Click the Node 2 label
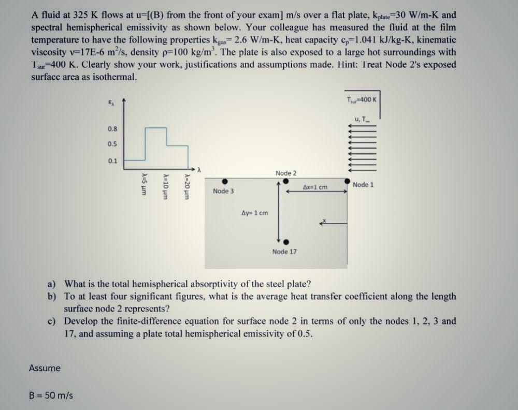coord(286,173)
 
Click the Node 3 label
coord(223,191)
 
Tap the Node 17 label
coord(284,252)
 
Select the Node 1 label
coord(363,185)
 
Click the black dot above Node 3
coord(225,182)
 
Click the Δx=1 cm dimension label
coord(315,187)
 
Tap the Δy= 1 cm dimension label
coord(255,213)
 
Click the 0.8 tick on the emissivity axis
coord(112,128)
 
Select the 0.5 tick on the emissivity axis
coord(112,144)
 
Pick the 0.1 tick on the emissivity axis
coord(112,160)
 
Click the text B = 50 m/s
coord(51,396)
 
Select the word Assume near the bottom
coord(45,368)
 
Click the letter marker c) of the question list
coord(52,321)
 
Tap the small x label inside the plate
coord(325,221)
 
